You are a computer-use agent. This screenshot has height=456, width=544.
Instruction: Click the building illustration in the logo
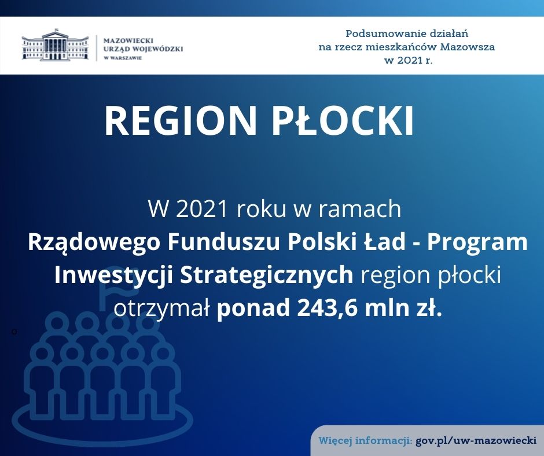point(55,45)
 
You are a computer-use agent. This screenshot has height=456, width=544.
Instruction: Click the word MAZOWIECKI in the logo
point(128,41)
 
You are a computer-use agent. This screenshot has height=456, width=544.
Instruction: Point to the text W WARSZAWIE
point(123,58)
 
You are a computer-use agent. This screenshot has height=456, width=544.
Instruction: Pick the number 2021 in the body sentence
point(202,209)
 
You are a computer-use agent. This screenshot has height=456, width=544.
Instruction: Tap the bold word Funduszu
point(223,242)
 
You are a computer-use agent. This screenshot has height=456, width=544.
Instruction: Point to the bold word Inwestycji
point(114,275)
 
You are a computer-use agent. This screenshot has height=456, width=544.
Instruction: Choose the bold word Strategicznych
point(266,275)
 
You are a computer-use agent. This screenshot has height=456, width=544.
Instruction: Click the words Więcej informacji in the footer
point(366,441)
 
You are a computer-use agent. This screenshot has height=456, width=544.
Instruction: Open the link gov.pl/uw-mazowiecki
point(476,441)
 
